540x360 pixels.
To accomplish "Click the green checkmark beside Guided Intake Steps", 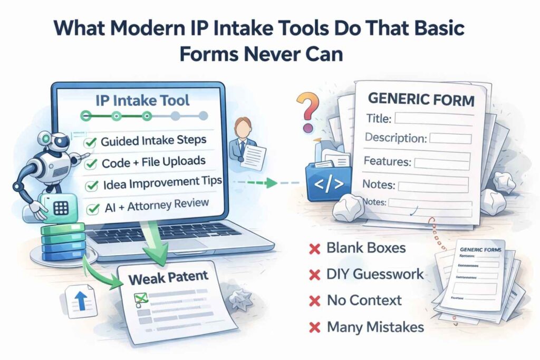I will coord(90,141).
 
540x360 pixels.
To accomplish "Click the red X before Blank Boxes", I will coord(315,248).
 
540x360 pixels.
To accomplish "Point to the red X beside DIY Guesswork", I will coord(315,274).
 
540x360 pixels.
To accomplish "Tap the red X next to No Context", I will coord(315,301).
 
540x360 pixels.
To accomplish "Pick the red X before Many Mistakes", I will coord(315,327).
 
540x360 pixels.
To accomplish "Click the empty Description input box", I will coord(450,139).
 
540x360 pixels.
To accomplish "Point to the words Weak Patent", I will coord(167,276).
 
